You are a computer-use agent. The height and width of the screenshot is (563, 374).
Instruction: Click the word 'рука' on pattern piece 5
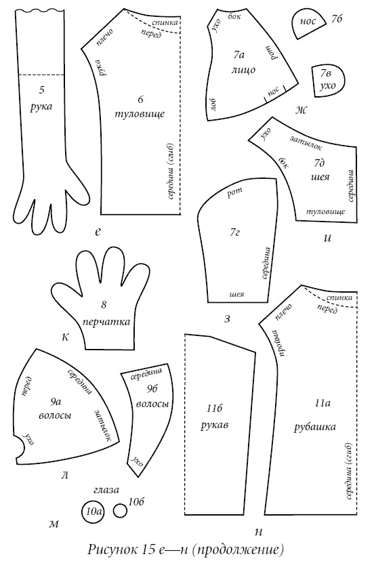coord(41,107)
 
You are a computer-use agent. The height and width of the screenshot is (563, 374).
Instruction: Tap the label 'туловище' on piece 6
coord(140,114)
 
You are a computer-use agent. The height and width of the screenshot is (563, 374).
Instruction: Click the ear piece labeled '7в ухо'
coord(327,81)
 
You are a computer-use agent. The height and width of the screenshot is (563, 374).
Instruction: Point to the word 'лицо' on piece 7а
coord(243,69)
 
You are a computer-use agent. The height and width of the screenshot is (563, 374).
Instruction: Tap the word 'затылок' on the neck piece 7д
coord(306,143)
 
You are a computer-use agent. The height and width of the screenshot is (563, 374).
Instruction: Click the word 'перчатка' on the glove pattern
coord(106,321)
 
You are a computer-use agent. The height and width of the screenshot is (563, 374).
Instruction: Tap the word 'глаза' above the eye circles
coord(106,489)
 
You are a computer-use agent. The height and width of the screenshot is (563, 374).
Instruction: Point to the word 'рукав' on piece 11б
coord(215,425)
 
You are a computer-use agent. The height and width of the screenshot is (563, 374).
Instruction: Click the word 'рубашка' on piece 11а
coord(315,427)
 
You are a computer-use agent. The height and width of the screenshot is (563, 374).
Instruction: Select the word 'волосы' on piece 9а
coord(55,415)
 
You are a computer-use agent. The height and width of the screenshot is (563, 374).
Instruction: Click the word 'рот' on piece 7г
coord(234,192)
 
